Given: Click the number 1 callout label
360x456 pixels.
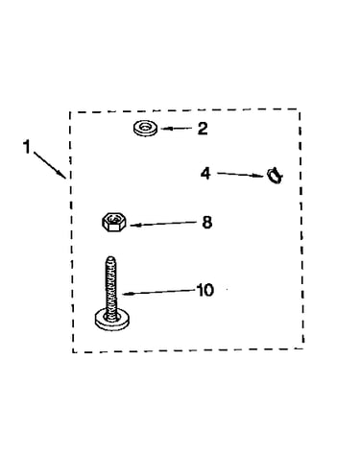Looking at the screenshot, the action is (27, 147).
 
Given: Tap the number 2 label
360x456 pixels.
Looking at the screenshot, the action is (203, 129).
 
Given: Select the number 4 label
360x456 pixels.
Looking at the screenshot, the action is (205, 174).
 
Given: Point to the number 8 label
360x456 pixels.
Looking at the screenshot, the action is (207, 222).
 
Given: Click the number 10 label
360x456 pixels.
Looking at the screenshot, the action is (205, 290).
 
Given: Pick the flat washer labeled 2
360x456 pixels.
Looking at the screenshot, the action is (145, 129).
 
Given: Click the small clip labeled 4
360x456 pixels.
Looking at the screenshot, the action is (275, 175).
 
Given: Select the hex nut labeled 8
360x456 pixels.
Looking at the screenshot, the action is (114, 222).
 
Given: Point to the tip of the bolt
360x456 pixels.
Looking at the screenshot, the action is (110, 256).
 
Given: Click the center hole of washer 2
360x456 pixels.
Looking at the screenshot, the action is (146, 127).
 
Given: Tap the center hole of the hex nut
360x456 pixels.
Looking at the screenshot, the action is (113, 219).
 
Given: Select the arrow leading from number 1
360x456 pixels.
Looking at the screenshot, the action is (50, 164).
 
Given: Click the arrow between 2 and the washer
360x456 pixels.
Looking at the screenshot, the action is (177, 129).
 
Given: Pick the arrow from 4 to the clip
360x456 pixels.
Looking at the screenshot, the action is (240, 175).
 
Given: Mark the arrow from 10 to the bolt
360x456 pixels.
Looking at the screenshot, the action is (158, 292).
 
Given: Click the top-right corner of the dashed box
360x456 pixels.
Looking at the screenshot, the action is (300, 109).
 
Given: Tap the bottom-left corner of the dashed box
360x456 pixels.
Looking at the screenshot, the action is (73, 352).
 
